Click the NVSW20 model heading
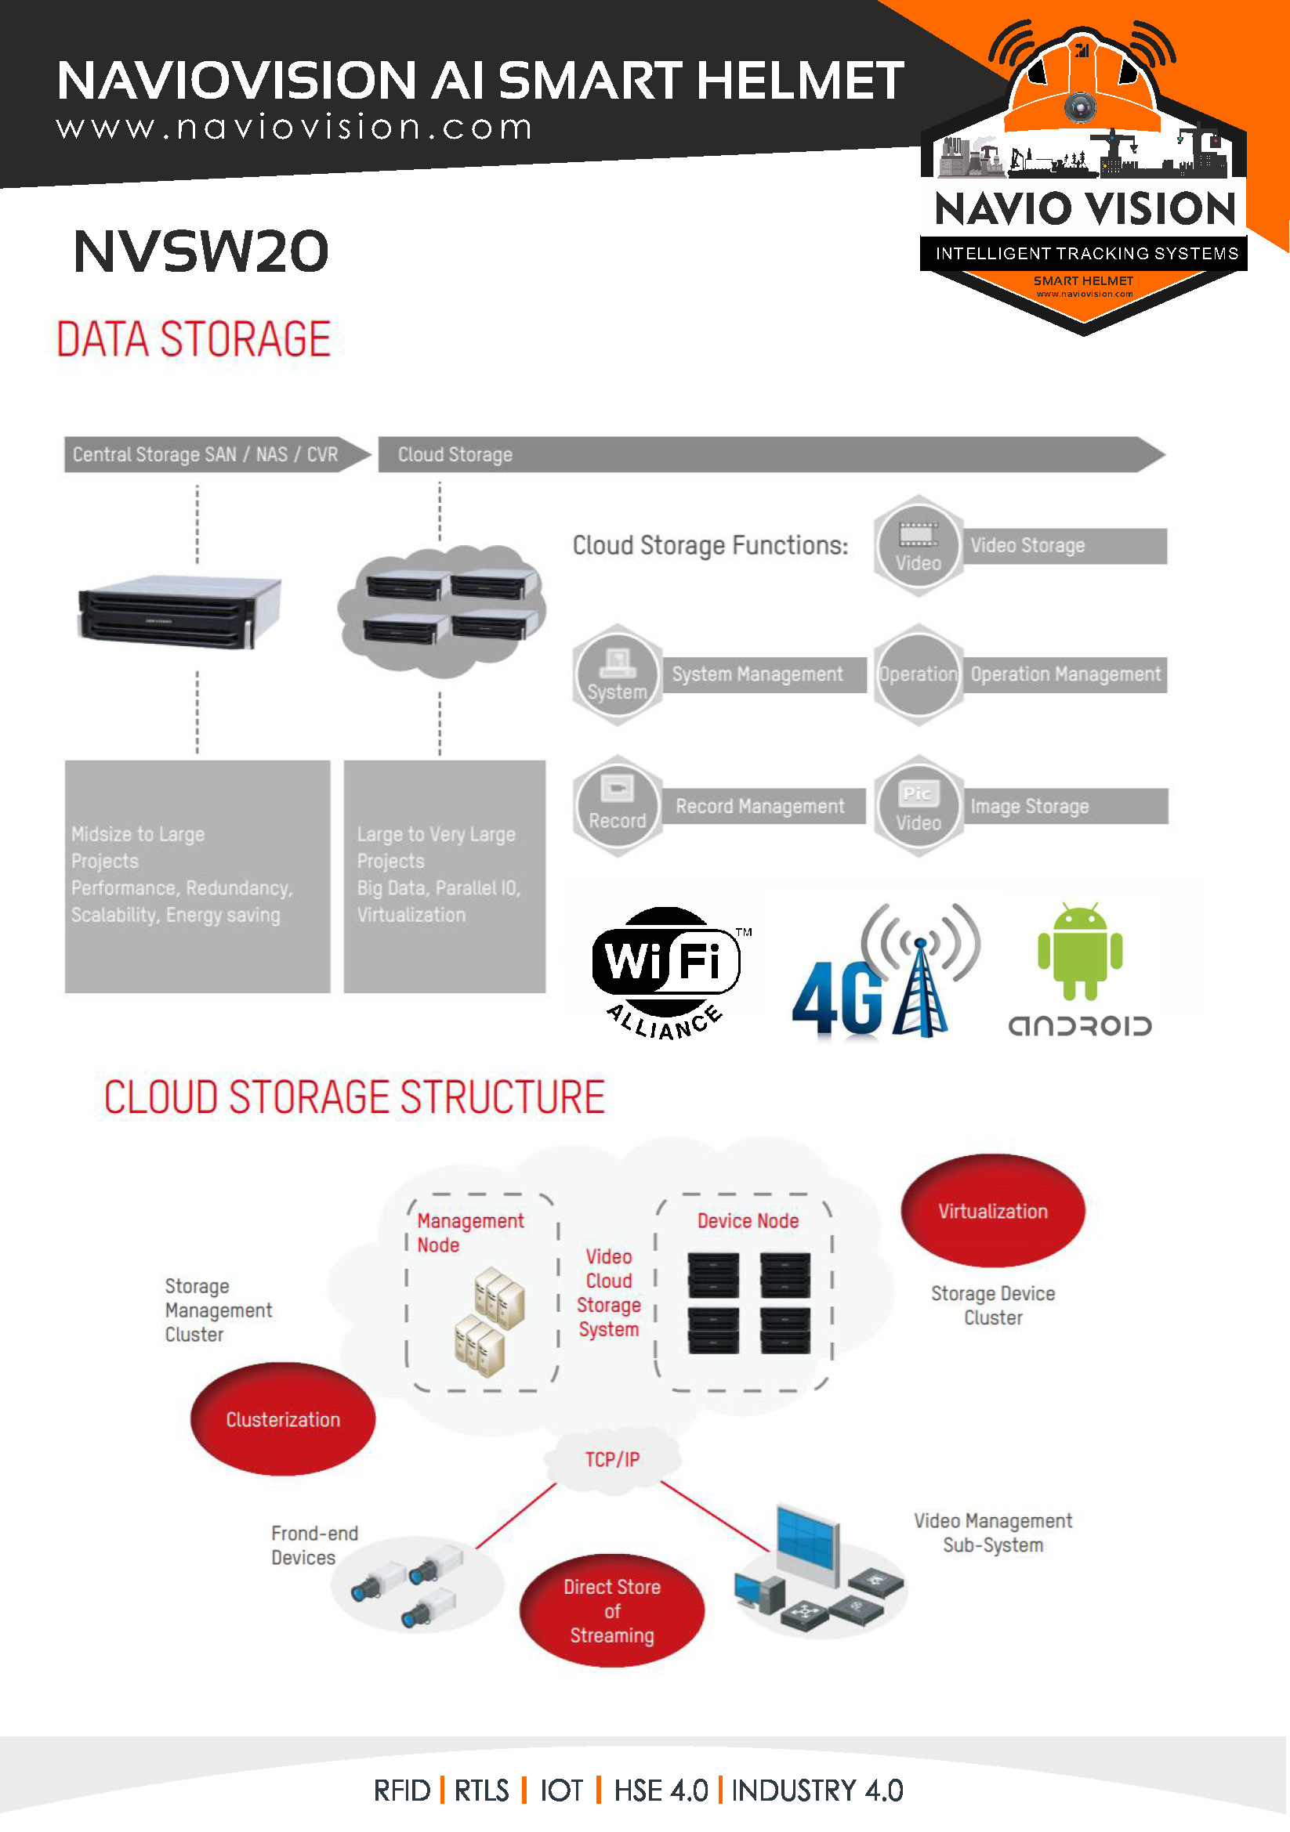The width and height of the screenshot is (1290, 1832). (x=201, y=251)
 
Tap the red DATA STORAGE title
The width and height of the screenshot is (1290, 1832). (x=193, y=339)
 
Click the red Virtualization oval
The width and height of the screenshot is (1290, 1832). (x=992, y=1211)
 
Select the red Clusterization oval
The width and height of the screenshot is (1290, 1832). (x=283, y=1419)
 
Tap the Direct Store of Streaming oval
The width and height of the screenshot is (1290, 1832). (x=611, y=1611)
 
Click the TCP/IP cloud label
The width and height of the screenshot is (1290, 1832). (x=612, y=1459)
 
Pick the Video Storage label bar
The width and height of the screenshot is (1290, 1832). (x=1064, y=546)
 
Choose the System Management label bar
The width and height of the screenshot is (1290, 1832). (x=763, y=675)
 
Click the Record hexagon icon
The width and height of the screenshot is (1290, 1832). (x=617, y=806)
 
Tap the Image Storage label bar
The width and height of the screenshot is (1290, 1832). (x=1064, y=807)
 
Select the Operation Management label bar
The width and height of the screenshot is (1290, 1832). (x=1064, y=675)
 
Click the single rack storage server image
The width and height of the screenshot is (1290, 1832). (x=179, y=611)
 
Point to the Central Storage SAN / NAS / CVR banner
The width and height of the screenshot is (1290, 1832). (x=206, y=455)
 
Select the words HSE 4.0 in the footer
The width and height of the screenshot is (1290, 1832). (x=660, y=1791)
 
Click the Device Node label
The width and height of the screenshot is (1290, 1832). (x=748, y=1221)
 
